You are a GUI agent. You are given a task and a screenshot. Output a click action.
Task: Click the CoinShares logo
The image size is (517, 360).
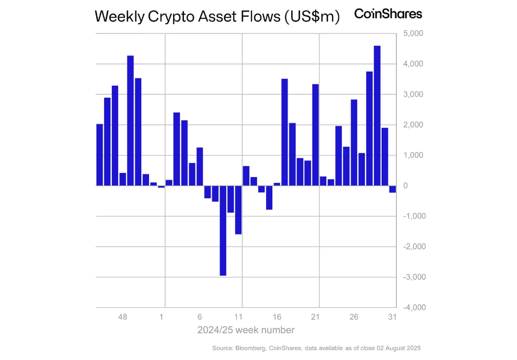[388, 14]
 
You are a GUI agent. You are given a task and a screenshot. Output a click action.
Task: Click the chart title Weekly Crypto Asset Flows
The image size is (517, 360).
[217, 17]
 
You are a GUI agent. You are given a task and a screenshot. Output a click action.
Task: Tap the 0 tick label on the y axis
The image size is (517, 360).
[406, 186]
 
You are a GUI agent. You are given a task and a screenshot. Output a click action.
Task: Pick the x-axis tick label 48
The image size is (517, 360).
[123, 317]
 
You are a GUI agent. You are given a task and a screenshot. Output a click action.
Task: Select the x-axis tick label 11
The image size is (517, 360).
[238, 317]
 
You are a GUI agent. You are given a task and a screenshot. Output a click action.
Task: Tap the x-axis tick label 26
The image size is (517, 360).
[354, 317]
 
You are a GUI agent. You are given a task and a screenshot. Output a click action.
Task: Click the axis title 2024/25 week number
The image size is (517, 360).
[246, 330]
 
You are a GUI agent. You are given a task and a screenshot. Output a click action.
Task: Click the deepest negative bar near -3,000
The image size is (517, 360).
[223, 230]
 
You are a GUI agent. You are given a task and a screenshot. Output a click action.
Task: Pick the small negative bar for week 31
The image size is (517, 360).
[392, 189]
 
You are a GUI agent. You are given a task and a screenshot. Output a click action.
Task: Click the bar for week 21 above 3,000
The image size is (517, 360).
[315, 135]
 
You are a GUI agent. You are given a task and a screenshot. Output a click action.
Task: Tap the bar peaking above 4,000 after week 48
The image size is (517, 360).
[131, 120]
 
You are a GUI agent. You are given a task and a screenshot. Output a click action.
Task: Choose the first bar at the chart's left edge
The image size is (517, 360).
[100, 155]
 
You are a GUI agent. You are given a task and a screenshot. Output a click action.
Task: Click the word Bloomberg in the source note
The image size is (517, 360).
[251, 348]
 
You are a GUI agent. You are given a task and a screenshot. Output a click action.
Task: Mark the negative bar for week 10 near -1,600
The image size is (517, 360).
[238, 210]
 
